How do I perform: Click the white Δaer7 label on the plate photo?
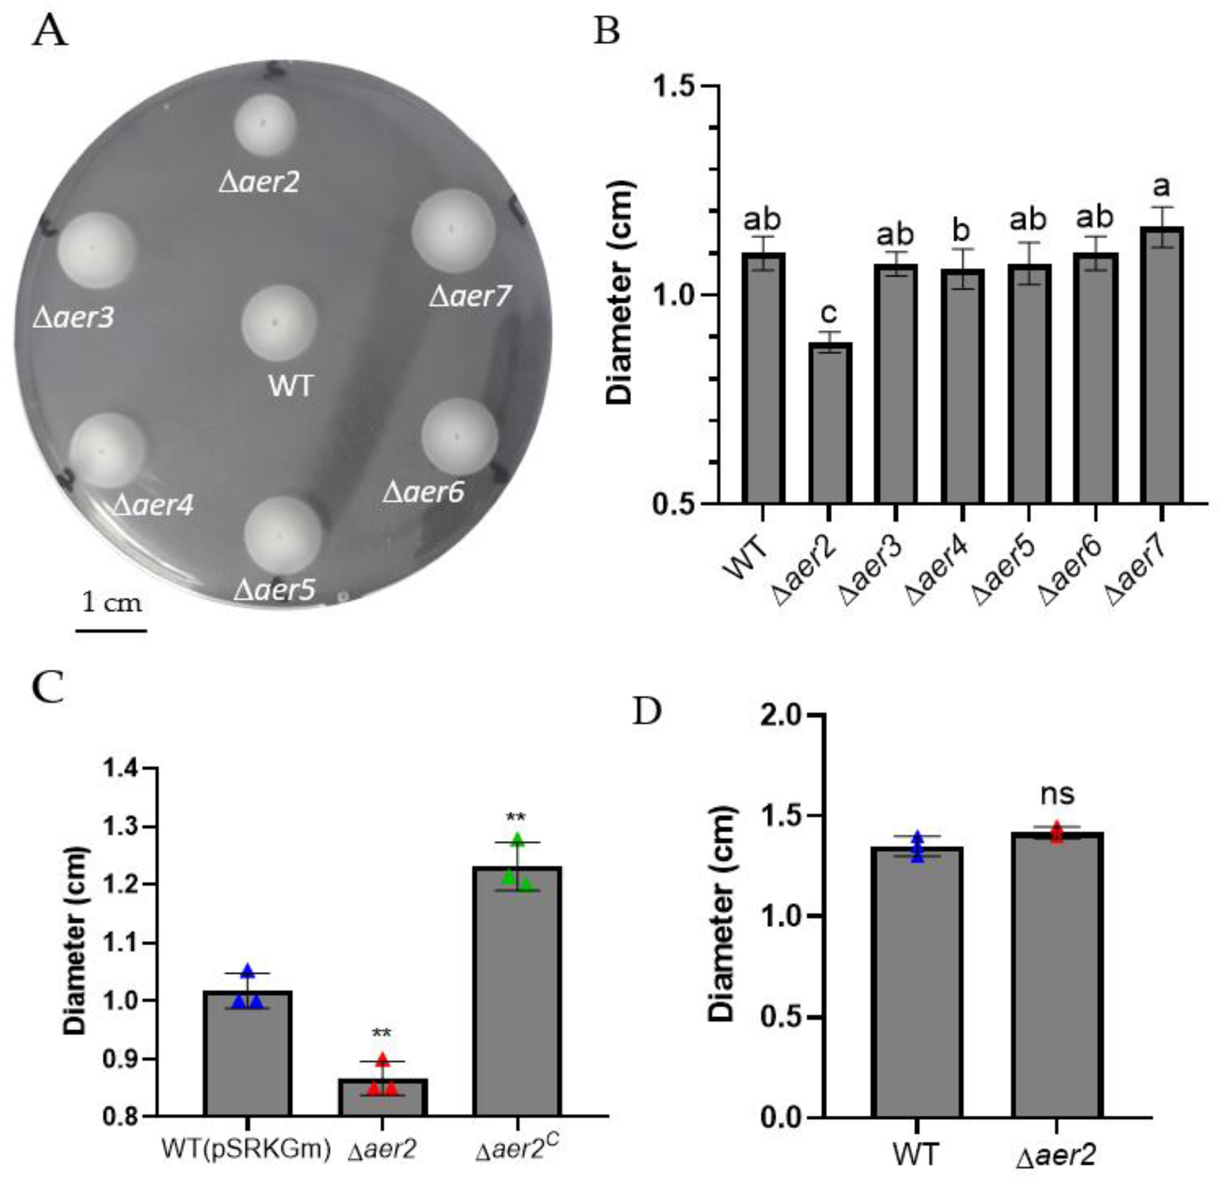pos(470,297)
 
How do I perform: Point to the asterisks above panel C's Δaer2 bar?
pos(382,1033)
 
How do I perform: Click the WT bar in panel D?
pos(917,982)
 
